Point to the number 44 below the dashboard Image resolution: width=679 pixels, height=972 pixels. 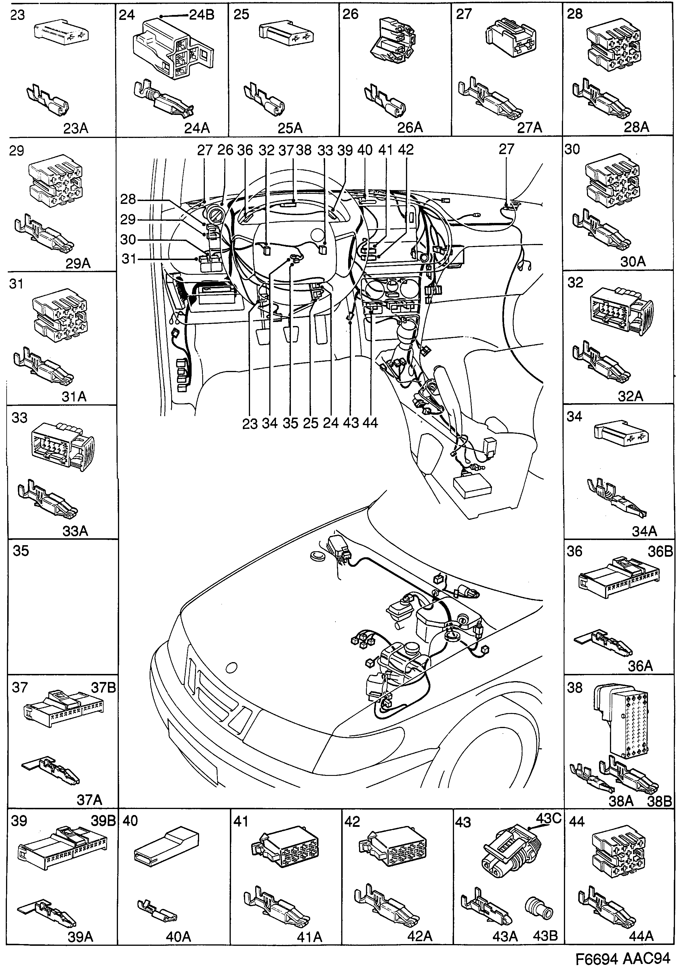pos(370,422)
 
